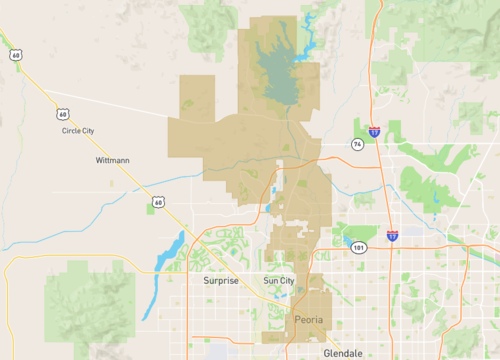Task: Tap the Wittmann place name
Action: [x=113, y=160]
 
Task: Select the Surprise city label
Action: [x=221, y=281]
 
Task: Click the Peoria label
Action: [x=311, y=319]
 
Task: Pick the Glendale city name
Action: [x=343, y=353]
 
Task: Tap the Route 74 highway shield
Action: [x=357, y=144]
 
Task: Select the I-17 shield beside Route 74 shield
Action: [x=373, y=131]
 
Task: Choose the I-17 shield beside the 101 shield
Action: [x=392, y=236]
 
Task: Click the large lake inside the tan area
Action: [x=277, y=70]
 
